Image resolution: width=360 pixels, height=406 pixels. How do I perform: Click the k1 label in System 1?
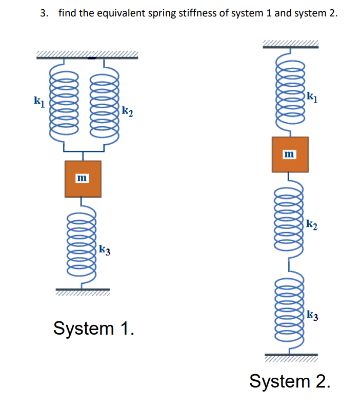coord(37,101)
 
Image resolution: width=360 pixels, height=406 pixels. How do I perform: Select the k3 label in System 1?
coord(105,250)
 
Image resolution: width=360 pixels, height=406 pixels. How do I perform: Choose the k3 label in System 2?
coord(312,315)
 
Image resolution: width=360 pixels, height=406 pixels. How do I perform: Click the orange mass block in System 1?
coord(83,179)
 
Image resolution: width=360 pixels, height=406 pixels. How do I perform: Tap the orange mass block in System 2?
coord(290,154)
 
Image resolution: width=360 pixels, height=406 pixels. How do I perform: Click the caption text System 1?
coord(94,328)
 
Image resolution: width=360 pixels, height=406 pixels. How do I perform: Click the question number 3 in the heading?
coord(44,13)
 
